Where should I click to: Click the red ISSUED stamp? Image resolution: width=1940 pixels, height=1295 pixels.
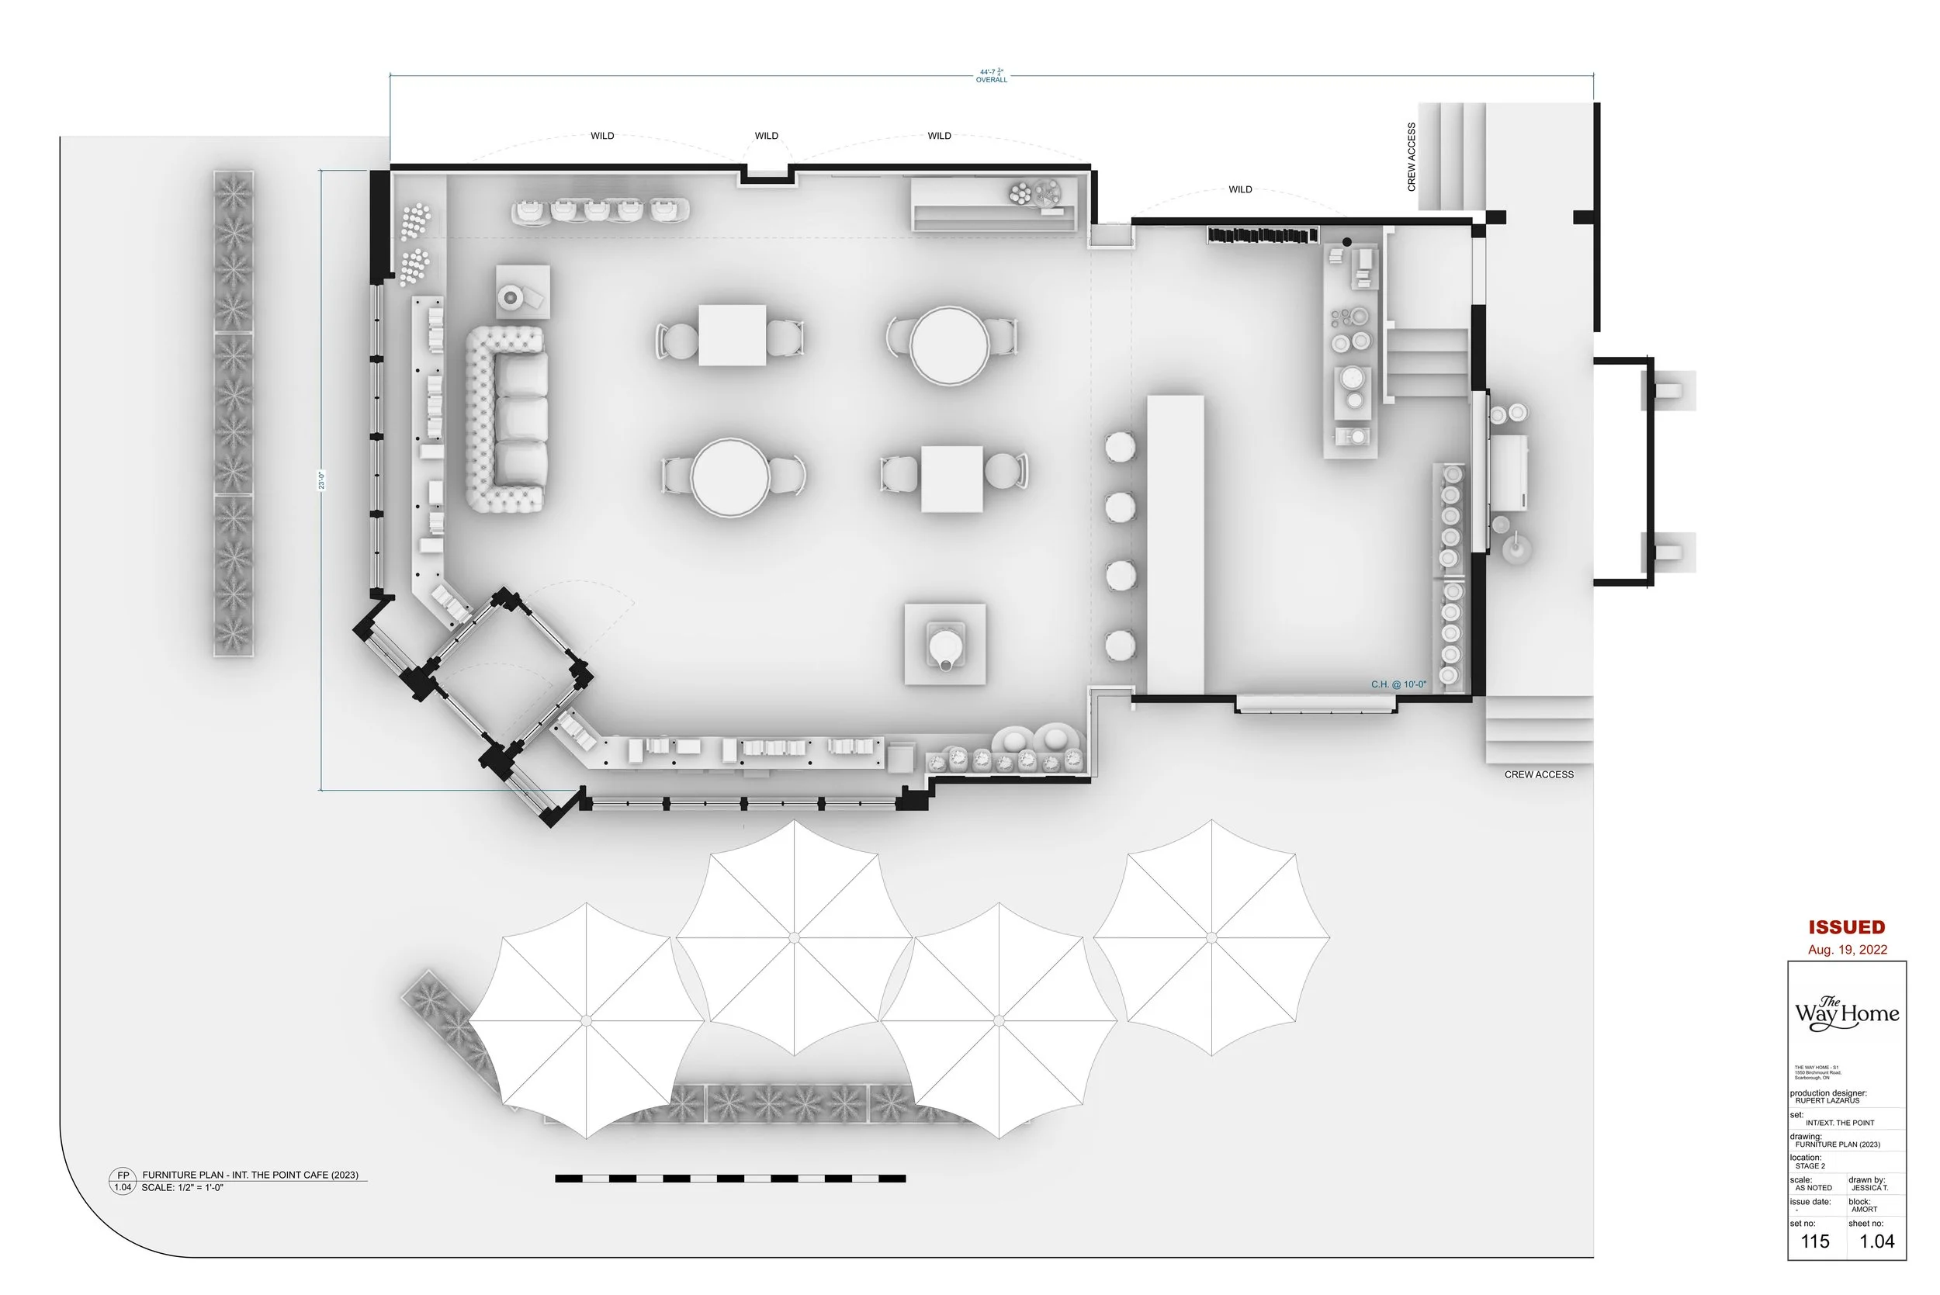pos(1847,927)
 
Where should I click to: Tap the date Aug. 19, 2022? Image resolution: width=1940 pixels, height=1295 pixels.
pos(1847,950)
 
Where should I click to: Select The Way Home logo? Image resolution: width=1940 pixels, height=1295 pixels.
pos(1846,1013)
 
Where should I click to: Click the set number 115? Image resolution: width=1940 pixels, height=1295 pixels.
pos(1814,1241)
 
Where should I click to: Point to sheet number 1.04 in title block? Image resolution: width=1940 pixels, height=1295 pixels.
pos(1876,1241)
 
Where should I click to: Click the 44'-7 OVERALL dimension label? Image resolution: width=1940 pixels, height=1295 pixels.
pos(991,76)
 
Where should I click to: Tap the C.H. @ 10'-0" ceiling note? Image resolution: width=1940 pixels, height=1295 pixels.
pos(1398,684)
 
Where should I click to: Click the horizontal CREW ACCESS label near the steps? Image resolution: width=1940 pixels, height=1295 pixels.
pos(1539,774)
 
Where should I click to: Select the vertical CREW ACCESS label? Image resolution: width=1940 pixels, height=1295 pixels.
pos(1412,157)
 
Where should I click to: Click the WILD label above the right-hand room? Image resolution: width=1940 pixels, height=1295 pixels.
pos(1239,189)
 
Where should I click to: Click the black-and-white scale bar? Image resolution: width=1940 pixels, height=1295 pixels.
pos(730,1179)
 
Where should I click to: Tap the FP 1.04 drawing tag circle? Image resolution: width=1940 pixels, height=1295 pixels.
pos(123,1181)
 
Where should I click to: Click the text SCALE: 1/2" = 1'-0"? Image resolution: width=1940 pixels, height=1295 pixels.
pos(182,1188)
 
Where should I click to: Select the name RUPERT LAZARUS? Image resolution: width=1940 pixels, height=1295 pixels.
pos(1827,1101)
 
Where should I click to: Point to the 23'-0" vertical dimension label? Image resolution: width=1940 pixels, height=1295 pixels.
pos(321,480)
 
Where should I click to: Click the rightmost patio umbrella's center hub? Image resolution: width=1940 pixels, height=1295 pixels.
pos(1211,937)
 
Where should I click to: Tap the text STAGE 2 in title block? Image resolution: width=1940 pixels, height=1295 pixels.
pos(1810,1166)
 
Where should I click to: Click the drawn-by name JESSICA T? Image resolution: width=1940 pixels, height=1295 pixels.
pos(1870,1188)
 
